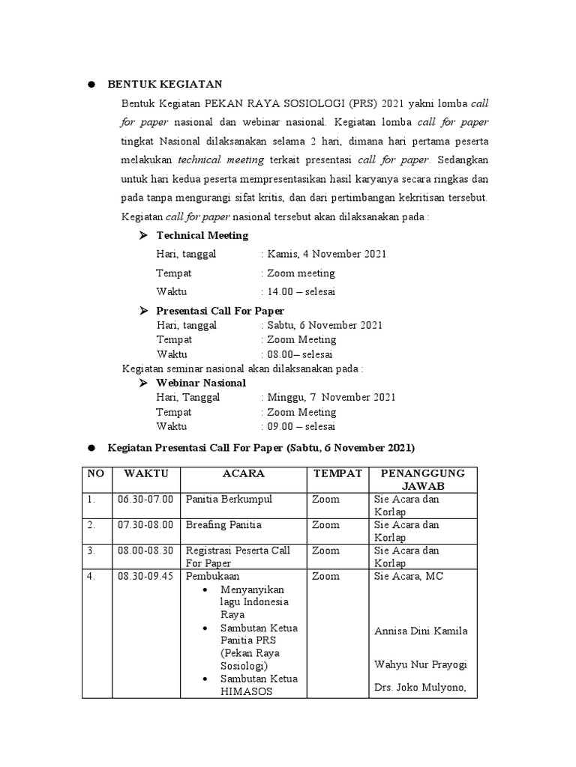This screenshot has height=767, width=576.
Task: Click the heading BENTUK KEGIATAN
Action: [165, 84]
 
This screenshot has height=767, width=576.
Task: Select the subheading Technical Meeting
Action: [202, 235]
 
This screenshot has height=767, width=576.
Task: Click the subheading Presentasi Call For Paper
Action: [220, 310]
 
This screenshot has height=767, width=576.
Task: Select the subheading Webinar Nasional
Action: [200, 383]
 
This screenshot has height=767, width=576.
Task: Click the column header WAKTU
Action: [146, 473]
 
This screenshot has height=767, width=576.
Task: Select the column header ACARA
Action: [243, 473]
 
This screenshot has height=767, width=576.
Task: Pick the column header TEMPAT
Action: [337, 473]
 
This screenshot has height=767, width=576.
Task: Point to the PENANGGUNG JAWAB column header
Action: [422, 479]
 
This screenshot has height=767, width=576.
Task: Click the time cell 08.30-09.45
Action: [145, 576]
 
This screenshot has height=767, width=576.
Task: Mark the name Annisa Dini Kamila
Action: [421, 631]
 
